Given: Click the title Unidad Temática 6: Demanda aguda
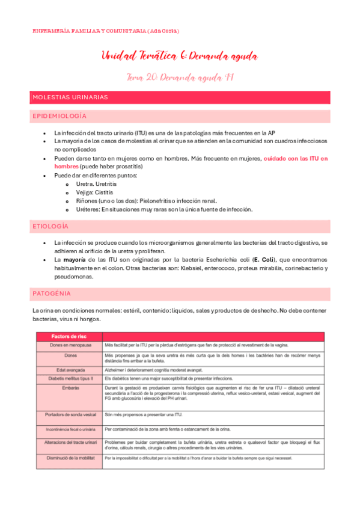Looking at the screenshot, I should (x=180, y=57).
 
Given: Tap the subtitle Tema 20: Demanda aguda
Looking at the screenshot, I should (x=180, y=77).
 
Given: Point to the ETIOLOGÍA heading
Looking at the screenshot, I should (x=50, y=226).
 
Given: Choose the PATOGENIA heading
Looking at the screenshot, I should (x=51, y=293).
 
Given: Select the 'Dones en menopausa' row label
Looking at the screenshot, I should (x=69, y=345).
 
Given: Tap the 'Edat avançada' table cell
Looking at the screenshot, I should (x=69, y=369).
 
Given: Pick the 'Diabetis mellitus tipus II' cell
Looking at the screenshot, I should (x=69, y=378).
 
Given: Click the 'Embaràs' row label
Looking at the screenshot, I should (x=69, y=388).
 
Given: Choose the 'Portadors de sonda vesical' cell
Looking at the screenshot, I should (x=69, y=415).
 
